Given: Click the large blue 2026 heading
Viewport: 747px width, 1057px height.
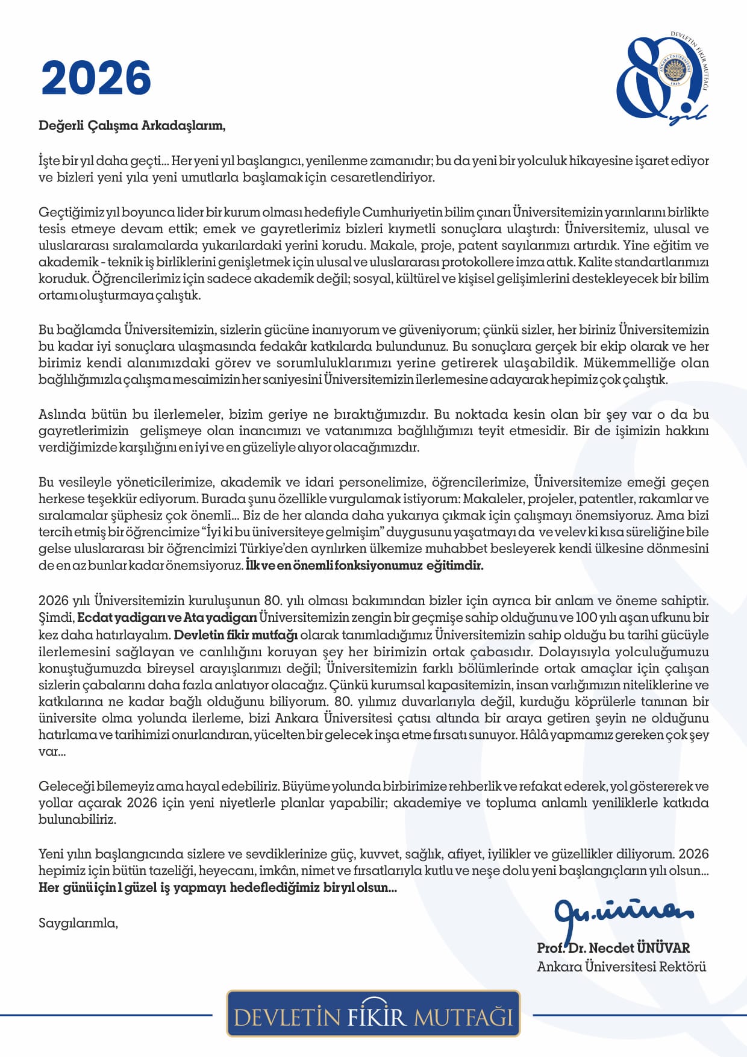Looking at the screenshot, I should pyautogui.click(x=96, y=78).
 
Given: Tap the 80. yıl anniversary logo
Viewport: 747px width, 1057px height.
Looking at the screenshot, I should pyautogui.click(x=661, y=78).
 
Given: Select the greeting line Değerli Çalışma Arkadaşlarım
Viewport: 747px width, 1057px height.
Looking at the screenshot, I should pyautogui.click(x=132, y=126).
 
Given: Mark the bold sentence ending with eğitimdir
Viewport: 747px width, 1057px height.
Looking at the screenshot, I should pyautogui.click(x=365, y=566).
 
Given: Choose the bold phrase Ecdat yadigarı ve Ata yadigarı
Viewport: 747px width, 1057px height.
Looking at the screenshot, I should pyautogui.click(x=167, y=618).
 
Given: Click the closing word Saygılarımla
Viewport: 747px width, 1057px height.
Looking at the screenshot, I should pyautogui.click(x=78, y=923).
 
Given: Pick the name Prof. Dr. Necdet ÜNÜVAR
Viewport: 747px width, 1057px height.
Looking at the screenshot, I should pyautogui.click(x=613, y=948).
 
